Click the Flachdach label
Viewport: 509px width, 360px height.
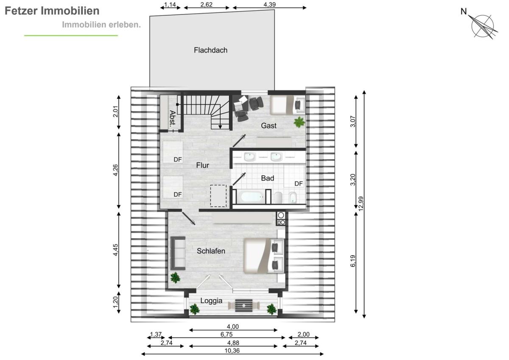[210, 50]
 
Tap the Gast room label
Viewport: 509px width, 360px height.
[268, 126]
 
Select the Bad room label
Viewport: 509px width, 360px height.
[268, 178]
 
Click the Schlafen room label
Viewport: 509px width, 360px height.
[211, 251]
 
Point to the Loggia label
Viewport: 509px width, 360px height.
[211, 301]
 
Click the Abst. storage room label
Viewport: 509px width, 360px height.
[173, 118]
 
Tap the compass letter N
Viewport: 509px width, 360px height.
[464, 11]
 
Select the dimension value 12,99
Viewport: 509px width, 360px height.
[361, 203]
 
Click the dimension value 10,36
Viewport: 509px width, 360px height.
[232, 351]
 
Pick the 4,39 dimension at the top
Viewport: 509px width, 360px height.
[269, 4]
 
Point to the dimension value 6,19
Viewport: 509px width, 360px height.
[352, 261]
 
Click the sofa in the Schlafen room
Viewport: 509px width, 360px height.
[178, 253]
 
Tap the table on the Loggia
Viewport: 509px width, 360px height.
[244, 305]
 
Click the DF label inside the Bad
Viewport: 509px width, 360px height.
[299, 183]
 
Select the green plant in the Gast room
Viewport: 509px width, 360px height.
[299, 122]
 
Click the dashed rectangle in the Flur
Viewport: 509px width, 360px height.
[218, 196]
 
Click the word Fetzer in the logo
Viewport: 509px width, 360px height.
[21, 11]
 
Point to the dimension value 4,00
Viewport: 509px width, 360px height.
[233, 326]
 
